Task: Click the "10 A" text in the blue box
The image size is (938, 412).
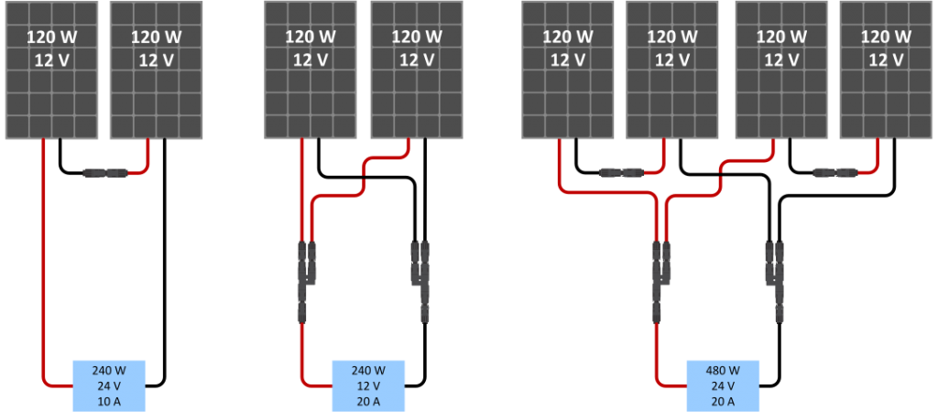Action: coord(109,399)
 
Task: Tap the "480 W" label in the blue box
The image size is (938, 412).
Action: coord(723,370)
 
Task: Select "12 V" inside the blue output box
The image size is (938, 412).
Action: coord(368,385)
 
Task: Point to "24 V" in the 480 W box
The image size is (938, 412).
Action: coord(723,385)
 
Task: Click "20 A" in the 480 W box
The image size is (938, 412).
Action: coord(723,399)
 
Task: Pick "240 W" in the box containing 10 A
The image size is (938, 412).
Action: coord(109,370)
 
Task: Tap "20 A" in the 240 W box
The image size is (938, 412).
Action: coord(368,399)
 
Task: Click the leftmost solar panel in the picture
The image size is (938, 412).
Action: coord(51,70)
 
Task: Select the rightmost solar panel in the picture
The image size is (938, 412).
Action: coord(886,70)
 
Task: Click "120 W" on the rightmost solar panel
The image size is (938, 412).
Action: coord(886,37)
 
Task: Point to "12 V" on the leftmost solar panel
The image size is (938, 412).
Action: coord(51,60)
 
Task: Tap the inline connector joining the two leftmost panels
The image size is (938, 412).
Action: coord(104,173)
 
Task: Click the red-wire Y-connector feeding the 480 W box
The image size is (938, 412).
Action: coord(661,281)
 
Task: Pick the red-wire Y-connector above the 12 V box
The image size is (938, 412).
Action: coord(307,281)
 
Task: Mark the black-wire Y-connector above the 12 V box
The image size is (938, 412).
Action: coord(420,281)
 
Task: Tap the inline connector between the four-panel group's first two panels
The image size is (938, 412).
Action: coord(622,173)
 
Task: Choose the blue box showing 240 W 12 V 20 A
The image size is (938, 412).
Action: coord(368,385)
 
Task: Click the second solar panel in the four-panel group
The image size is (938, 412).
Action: coord(672,70)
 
